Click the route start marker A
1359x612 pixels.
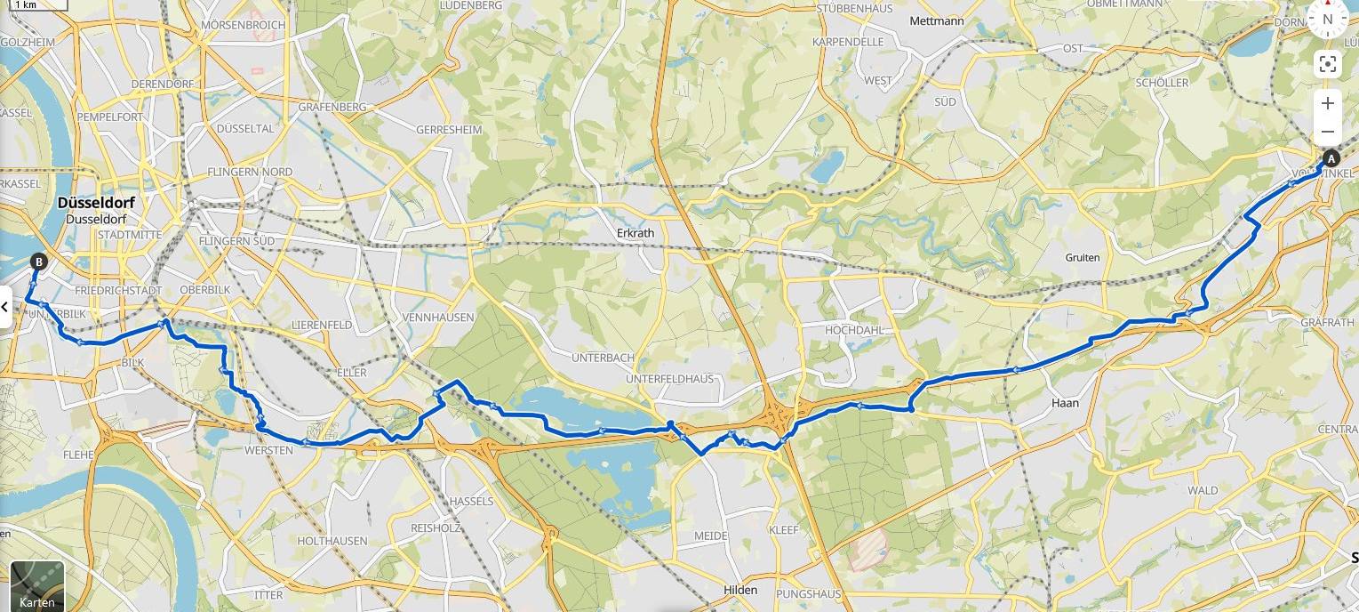pyautogui.click(x=1331, y=159)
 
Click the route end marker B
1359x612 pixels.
pyautogui.click(x=38, y=262)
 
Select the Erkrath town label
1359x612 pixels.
pyautogui.click(x=635, y=233)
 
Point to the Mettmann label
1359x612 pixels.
pyautogui.click(x=937, y=20)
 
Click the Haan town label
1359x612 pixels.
pyautogui.click(x=1065, y=403)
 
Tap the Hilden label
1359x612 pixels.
pyautogui.click(x=740, y=590)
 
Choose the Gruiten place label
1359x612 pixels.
pyautogui.click(x=1082, y=257)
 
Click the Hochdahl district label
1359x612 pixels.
pyautogui.click(x=851, y=329)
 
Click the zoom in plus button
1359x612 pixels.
pyautogui.click(x=1327, y=103)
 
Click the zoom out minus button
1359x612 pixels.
pyautogui.click(x=1327, y=132)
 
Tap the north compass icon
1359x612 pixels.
pyautogui.click(x=1327, y=19)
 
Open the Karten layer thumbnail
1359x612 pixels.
pyautogui.click(x=36, y=584)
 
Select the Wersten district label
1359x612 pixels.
pyautogui.click(x=268, y=451)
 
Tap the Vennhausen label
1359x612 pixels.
pyautogui.click(x=451, y=317)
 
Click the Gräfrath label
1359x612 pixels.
pyautogui.click(x=1327, y=321)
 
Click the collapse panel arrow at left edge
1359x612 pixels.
pyautogui.click(x=5, y=307)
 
